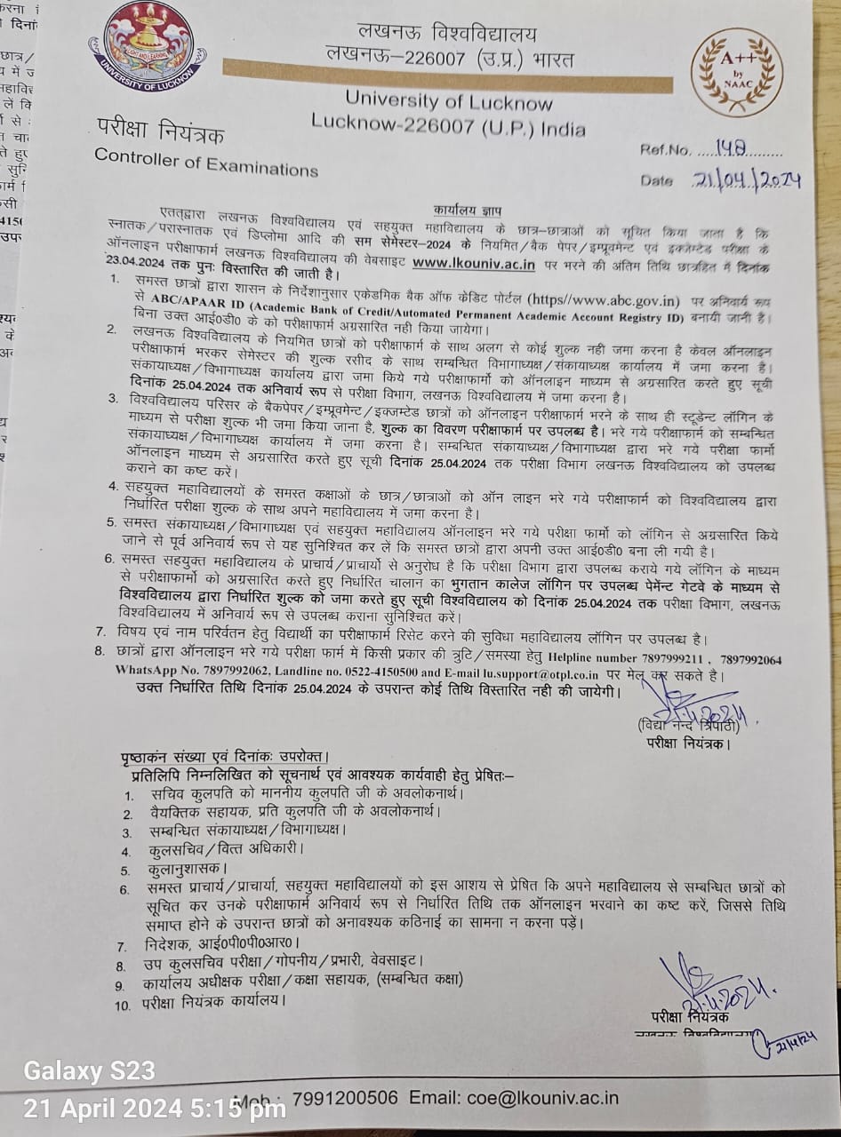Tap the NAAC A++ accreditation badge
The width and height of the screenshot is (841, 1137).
click(x=738, y=72)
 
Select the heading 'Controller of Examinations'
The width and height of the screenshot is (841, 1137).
click(x=205, y=162)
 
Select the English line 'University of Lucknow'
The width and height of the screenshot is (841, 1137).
click(x=449, y=102)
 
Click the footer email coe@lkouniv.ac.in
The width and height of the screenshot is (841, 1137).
click(x=513, y=1097)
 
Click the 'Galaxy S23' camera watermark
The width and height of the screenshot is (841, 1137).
click(x=89, y=1071)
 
